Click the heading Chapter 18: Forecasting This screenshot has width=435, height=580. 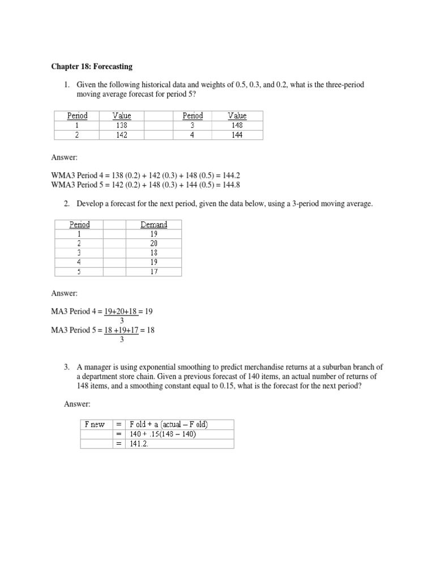pos(91,66)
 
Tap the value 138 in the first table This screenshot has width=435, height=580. pos(121,126)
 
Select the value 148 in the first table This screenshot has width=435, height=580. pos(237,126)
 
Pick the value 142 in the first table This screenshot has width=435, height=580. pos(121,135)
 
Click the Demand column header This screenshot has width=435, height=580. pos(153,224)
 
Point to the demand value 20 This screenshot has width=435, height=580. pos(153,243)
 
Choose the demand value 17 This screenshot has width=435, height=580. pos(153,271)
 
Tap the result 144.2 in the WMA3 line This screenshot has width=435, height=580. pos(237,176)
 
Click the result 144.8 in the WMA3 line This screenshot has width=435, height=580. pos(237,185)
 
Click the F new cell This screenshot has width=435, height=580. pos(95,424)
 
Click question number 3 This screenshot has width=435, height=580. pos(66,367)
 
